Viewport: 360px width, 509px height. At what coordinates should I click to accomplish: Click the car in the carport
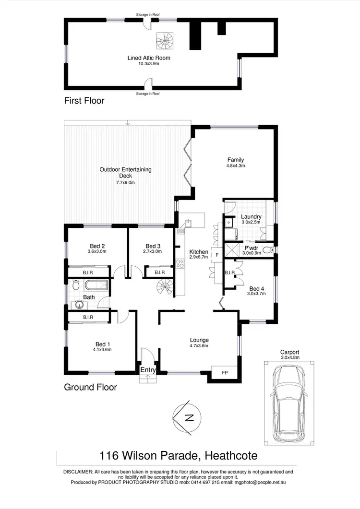coord(287,404)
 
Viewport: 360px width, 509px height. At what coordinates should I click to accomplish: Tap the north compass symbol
coord(187,417)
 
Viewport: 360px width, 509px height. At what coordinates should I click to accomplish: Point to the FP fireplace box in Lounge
coord(225,372)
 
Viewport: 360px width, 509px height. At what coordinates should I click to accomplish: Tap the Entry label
coord(148,370)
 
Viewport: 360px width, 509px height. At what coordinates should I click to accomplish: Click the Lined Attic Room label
coord(149,58)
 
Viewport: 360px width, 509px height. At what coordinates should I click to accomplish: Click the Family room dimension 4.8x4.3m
coord(236,166)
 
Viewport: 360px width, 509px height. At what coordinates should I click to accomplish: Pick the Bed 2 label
coord(97,246)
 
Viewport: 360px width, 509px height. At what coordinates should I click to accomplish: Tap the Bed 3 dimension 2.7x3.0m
coord(152,251)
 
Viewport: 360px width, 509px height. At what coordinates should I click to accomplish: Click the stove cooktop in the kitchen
coord(180,263)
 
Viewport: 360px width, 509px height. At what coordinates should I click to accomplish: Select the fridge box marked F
coord(217,255)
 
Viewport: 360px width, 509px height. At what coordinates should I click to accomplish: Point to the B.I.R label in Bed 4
coord(229,273)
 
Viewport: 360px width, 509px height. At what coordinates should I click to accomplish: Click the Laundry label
coord(251,217)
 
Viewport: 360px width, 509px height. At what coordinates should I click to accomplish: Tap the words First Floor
coord(84,101)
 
